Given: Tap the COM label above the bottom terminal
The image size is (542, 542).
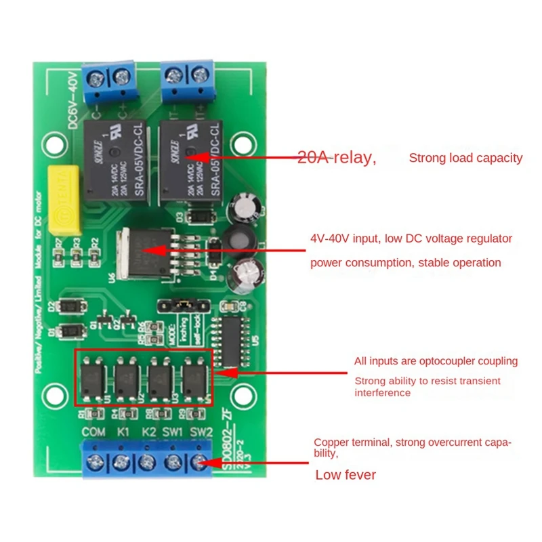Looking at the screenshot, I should point(93,431).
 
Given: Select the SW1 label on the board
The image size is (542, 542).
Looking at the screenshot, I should point(174,431).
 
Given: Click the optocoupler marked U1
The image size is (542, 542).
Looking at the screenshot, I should point(94,375).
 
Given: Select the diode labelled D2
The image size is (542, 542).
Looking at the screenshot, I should point(71,307).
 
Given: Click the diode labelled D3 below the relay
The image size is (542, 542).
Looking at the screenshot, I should point(200,217).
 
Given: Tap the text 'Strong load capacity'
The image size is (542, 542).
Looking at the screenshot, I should point(465,158).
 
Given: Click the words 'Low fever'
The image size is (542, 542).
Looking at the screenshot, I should point(346,475).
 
